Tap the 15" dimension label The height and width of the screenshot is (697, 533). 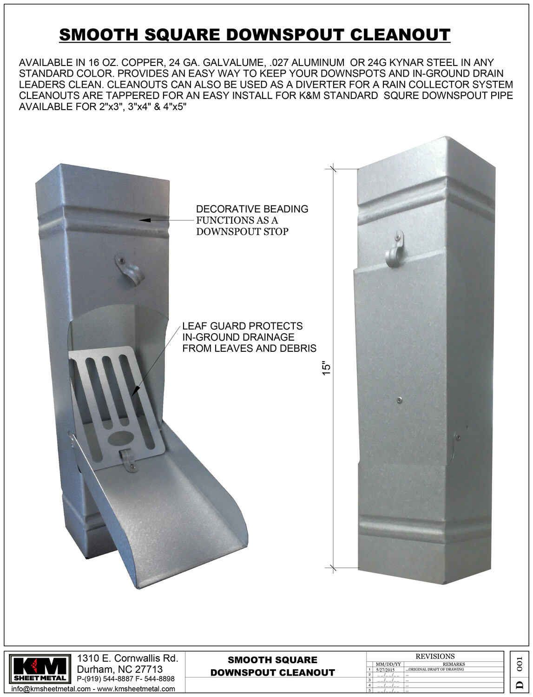point(327,368)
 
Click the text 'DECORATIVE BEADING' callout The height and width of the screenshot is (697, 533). point(252,209)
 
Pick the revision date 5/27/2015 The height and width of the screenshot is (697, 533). point(385,670)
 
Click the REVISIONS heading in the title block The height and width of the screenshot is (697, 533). point(435,656)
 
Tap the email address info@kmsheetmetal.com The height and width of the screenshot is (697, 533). point(51,689)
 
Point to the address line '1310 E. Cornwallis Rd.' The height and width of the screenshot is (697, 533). point(127,658)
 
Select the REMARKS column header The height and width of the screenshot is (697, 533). point(454,664)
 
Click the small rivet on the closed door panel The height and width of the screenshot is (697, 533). point(399,400)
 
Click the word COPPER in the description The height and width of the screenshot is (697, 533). point(140,62)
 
